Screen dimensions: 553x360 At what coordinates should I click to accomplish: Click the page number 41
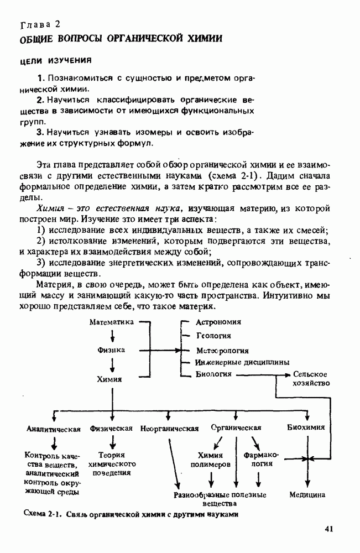click(329, 529)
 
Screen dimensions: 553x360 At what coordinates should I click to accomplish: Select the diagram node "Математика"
click(112, 321)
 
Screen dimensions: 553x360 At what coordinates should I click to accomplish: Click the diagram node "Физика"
click(111, 350)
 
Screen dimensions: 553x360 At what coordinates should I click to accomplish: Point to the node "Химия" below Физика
click(109, 379)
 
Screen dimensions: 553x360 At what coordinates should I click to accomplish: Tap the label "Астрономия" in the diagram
click(218, 321)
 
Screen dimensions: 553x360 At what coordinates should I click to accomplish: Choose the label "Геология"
click(213, 336)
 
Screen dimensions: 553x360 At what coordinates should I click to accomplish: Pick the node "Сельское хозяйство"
click(311, 379)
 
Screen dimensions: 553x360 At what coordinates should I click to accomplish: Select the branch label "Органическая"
click(236, 427)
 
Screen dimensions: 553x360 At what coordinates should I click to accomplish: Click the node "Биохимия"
click(306, 427)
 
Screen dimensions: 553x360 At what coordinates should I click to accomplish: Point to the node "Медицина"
click(307, 494)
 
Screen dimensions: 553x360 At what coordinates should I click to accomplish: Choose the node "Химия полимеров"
click(210, 460)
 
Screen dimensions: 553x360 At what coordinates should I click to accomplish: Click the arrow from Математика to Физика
click(112, 336)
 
